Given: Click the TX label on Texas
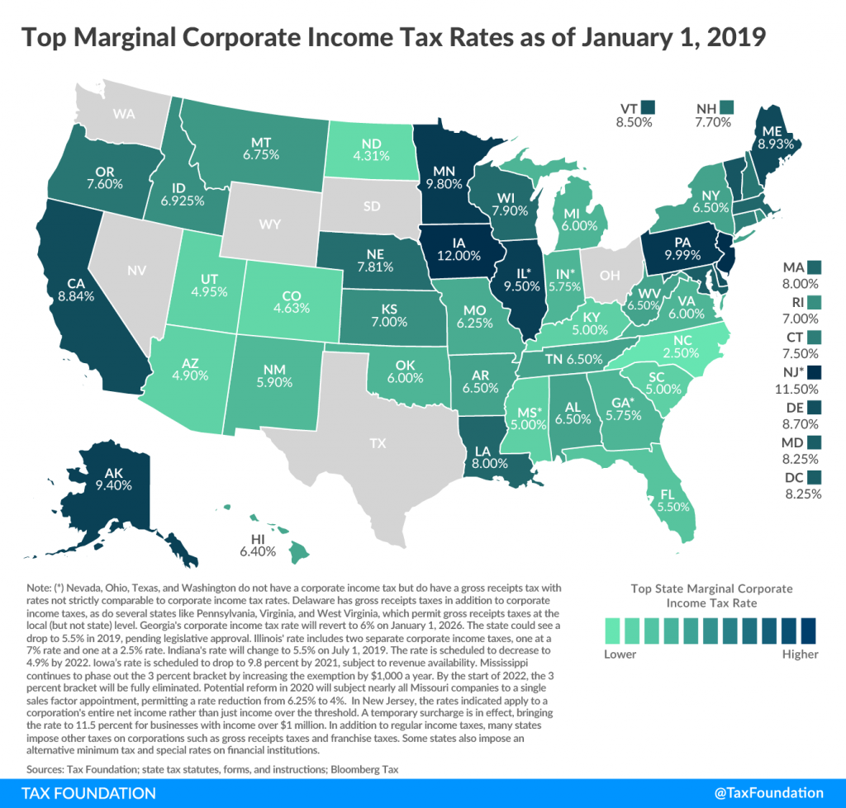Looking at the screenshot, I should [x=378, y=443].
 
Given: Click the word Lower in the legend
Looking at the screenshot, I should [x=620, y=654].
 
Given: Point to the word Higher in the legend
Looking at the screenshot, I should [x=798, y=654].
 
